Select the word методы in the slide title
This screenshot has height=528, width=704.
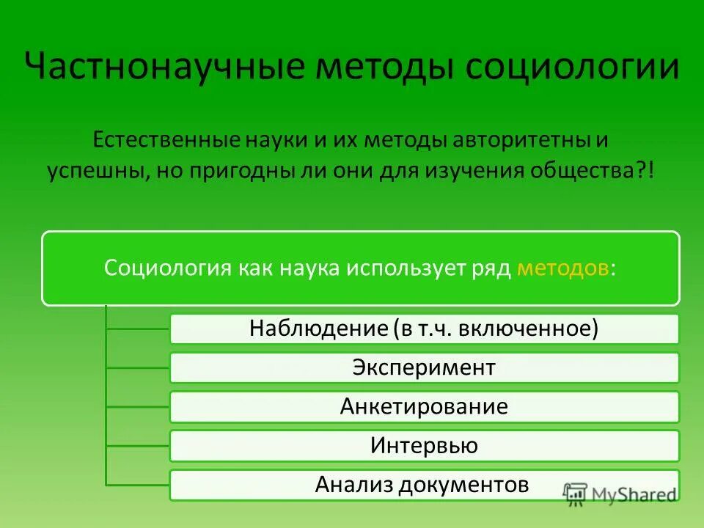click(x=386, y=68)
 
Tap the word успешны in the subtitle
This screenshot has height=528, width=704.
click(x=98, y=172)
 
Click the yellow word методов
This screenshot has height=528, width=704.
click(x=562, y=268)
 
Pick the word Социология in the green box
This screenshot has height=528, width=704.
click(x=166, y=268)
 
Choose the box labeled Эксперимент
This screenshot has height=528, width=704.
click(x=424, y=367)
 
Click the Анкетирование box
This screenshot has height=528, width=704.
click(x=424, y=406)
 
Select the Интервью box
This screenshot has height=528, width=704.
click(x=424, y=445)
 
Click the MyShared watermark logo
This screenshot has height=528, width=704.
click(x=620, y=494)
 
